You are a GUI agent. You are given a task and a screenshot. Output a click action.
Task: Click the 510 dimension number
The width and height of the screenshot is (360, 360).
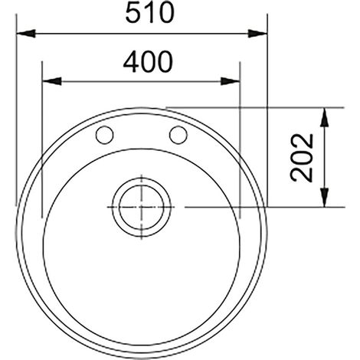tap(150, 13)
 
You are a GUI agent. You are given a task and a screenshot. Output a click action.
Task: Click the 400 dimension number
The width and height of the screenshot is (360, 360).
tap(148, 61)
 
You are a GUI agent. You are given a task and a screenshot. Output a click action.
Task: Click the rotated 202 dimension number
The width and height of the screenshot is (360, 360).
tap(302, 158)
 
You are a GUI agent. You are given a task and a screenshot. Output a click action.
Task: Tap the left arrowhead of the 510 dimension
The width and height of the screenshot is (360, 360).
tap(25, 33)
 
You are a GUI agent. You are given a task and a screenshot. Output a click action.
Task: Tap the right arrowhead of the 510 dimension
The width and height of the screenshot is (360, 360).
tap(257, 33)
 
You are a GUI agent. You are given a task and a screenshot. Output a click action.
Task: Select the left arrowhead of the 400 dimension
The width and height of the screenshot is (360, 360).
tap(52, 81)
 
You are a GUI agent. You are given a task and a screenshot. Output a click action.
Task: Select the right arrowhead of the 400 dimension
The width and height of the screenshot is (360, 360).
tap(231, 81)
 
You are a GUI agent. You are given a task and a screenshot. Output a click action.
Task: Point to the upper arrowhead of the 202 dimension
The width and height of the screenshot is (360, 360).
tap(324, 117)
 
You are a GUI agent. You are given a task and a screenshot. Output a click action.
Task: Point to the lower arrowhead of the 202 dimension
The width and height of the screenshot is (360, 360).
tap(324, 198)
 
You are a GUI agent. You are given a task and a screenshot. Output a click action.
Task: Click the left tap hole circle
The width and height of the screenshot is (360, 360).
tap(104, 135)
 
